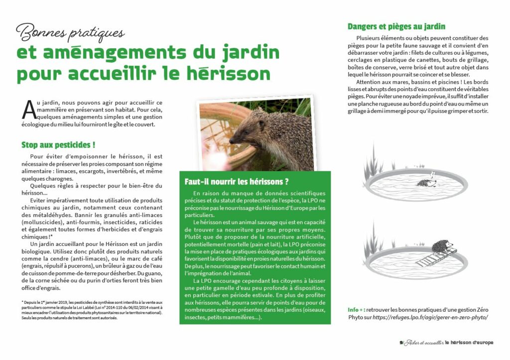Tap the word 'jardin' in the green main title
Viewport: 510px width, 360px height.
coord(247,52)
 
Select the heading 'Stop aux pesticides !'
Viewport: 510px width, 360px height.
coord(58,145)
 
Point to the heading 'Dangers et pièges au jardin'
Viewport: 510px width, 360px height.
coord(396,26)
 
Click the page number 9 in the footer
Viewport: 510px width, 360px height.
coord(401,343)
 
